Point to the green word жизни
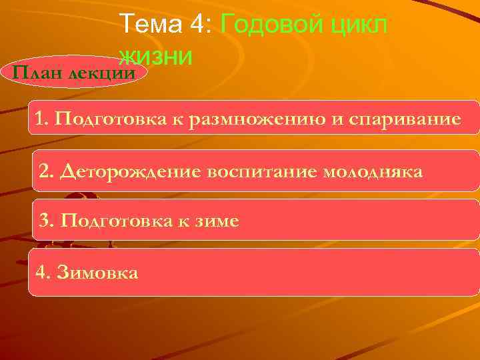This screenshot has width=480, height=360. tap(156, 56)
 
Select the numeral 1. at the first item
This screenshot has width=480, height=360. tap(43, 119)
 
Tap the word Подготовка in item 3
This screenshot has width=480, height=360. tap(107, 221)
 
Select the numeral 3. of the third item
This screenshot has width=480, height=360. tap(46, 221)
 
